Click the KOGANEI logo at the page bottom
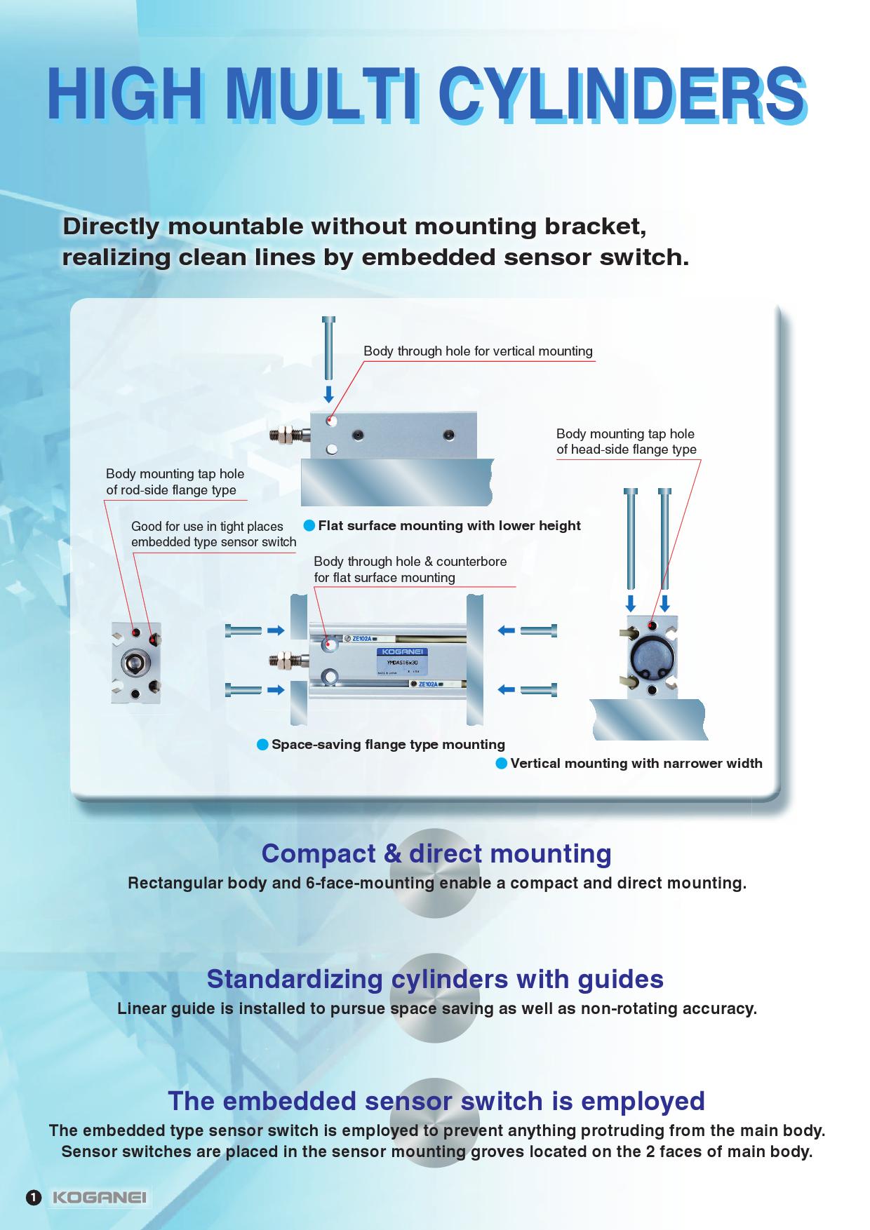coord(100,1197)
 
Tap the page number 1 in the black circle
coord(33,1197)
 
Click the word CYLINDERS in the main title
coord(622,93)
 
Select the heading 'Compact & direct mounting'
coord(436,853)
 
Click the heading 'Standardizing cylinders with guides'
coord(435,978)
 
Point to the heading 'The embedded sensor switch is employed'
coord(436,1101)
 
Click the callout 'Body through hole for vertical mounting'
coord(478,351)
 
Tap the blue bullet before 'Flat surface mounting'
coord(309,525)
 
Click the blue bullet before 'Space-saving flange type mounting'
coord(262,744)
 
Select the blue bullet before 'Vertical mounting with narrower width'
coord(501,763)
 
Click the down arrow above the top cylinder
coord(328,394)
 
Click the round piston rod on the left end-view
coord(135,663)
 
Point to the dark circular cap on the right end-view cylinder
coord(652,658)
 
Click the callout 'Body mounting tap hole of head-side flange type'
coord(626,442)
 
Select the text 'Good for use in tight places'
coord(207,527)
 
